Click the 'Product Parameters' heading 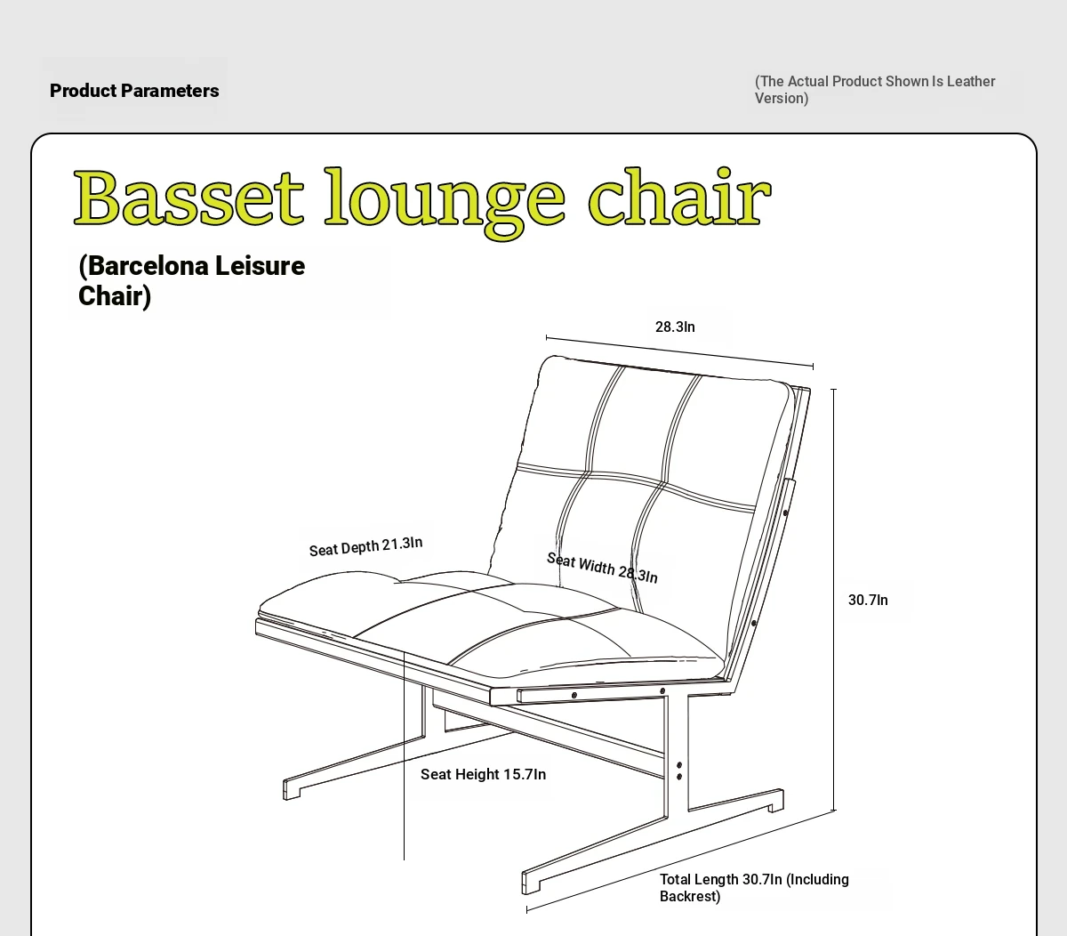coord(134,91)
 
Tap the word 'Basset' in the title coord(189,198)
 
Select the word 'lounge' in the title coord(445,203)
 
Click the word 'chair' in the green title coord(680,197)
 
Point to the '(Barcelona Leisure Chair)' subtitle coord(192,280)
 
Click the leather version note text coord(875,90)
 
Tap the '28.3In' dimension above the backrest coord(675,327)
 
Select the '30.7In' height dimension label coord(868,600)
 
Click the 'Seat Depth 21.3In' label coord(365,546)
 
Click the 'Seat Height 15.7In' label coord(483,774)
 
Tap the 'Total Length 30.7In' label coord(754,888)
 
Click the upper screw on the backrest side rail coord(786,512)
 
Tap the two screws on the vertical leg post coord(679,771)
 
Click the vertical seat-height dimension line coord(404,755)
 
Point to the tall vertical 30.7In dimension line coord(833,600)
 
